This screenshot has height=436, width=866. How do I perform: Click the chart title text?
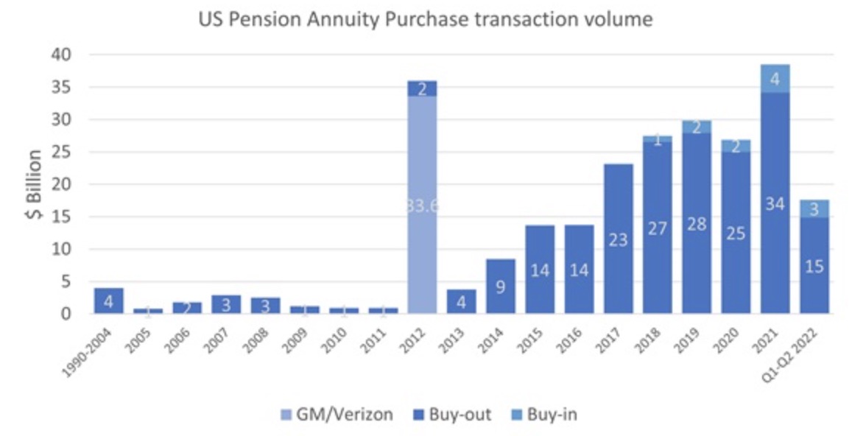(425, 19)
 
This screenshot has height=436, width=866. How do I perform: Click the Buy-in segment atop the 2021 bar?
(775, 78)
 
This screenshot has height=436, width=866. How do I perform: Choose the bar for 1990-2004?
(109, 300)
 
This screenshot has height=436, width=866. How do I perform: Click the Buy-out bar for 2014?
(501, 286)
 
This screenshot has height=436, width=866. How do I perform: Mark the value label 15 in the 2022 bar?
(814, 267)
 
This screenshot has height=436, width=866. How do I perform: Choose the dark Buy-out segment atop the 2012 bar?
(422, 88)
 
